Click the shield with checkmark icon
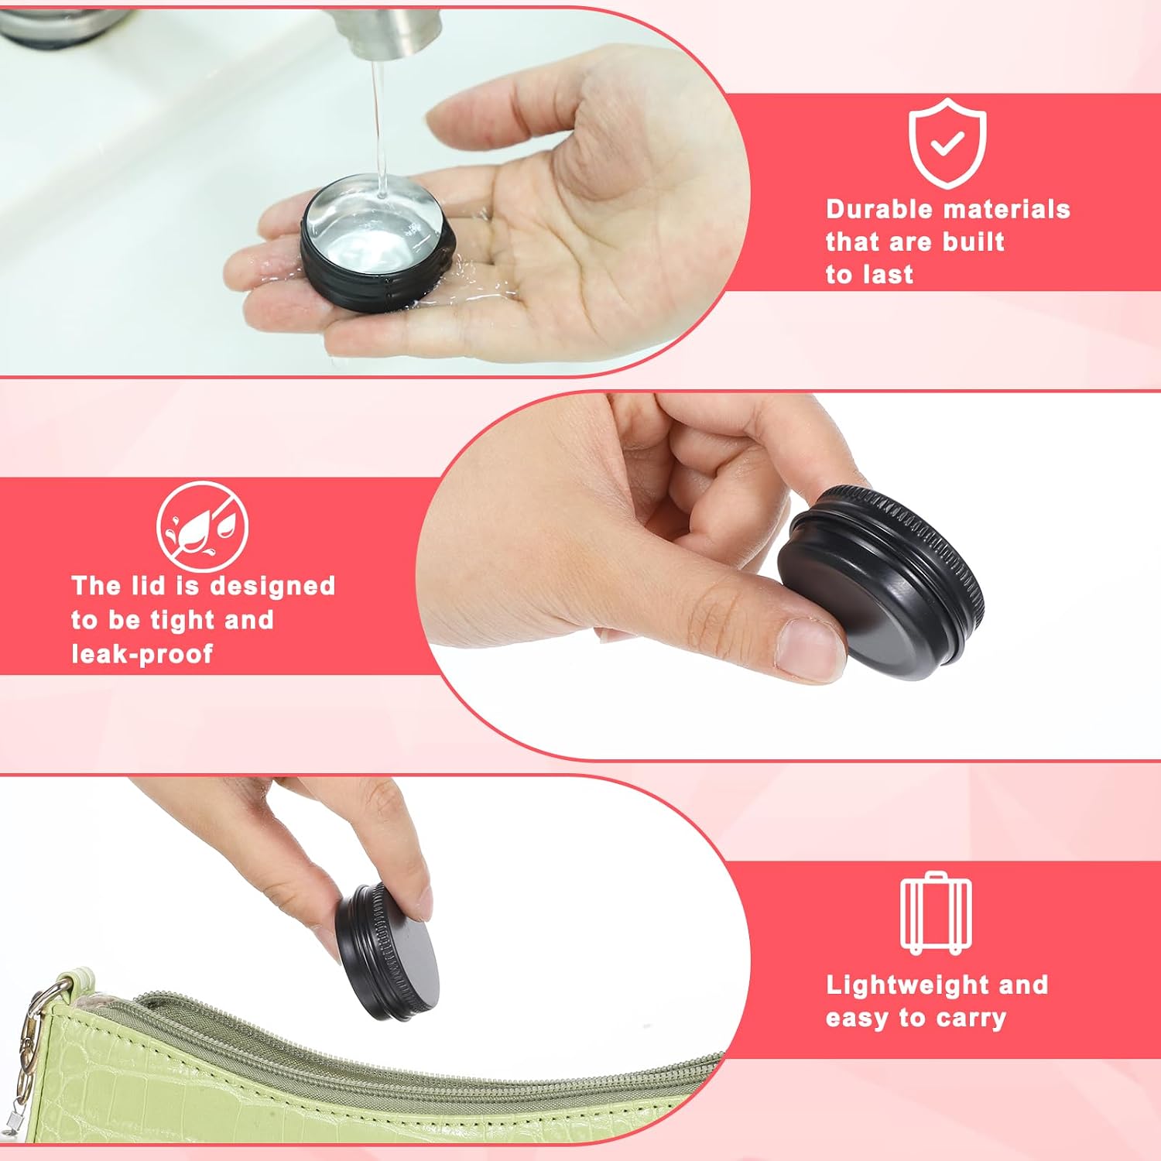click(947, 143)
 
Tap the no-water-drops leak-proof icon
click(202, 526)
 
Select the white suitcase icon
click(936, 913)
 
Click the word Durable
click(880, 209)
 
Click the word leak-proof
click(142, 654)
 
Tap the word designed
click(272, 587)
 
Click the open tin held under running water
click(377, 241)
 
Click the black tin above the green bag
click(388, 950)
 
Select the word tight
click(183, 621)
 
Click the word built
click(974, 241)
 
